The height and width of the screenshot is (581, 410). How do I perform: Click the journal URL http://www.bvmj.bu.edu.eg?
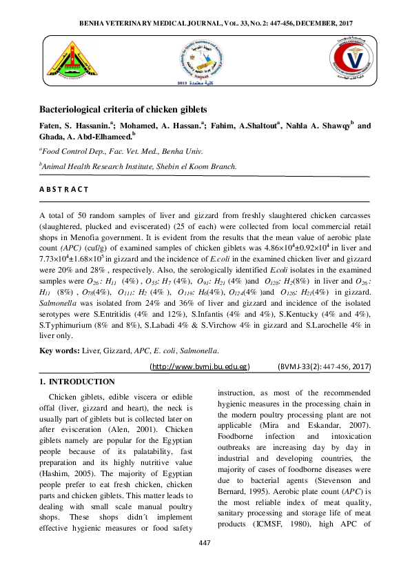click(200, 366)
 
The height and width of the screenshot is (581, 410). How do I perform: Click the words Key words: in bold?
click(59, 351)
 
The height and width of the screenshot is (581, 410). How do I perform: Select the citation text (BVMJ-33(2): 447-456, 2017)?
click(324, 366)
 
